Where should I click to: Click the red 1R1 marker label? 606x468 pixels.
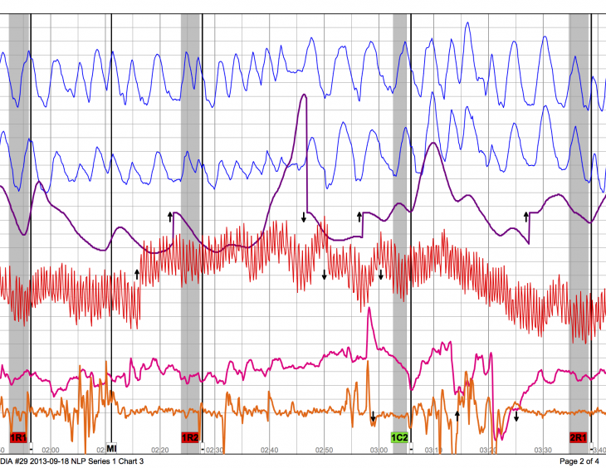pyautogui.click(x=19, y=436)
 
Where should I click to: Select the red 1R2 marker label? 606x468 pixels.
pyautogui.click(x=190, y=436)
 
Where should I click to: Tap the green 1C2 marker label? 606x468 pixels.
pyautogui.click(x=400, y=436)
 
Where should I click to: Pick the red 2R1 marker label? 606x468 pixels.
pyautogui.click(x=579, y=436)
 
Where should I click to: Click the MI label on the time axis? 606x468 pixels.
pyautogui.click(x=111, y=448)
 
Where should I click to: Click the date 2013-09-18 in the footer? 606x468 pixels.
pyautogui.click(x=48, y=461)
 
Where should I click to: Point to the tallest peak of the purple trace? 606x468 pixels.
pyautogui.click(x=304, y=95)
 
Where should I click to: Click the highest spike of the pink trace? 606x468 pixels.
pyautogui.click(x=369, y=310)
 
